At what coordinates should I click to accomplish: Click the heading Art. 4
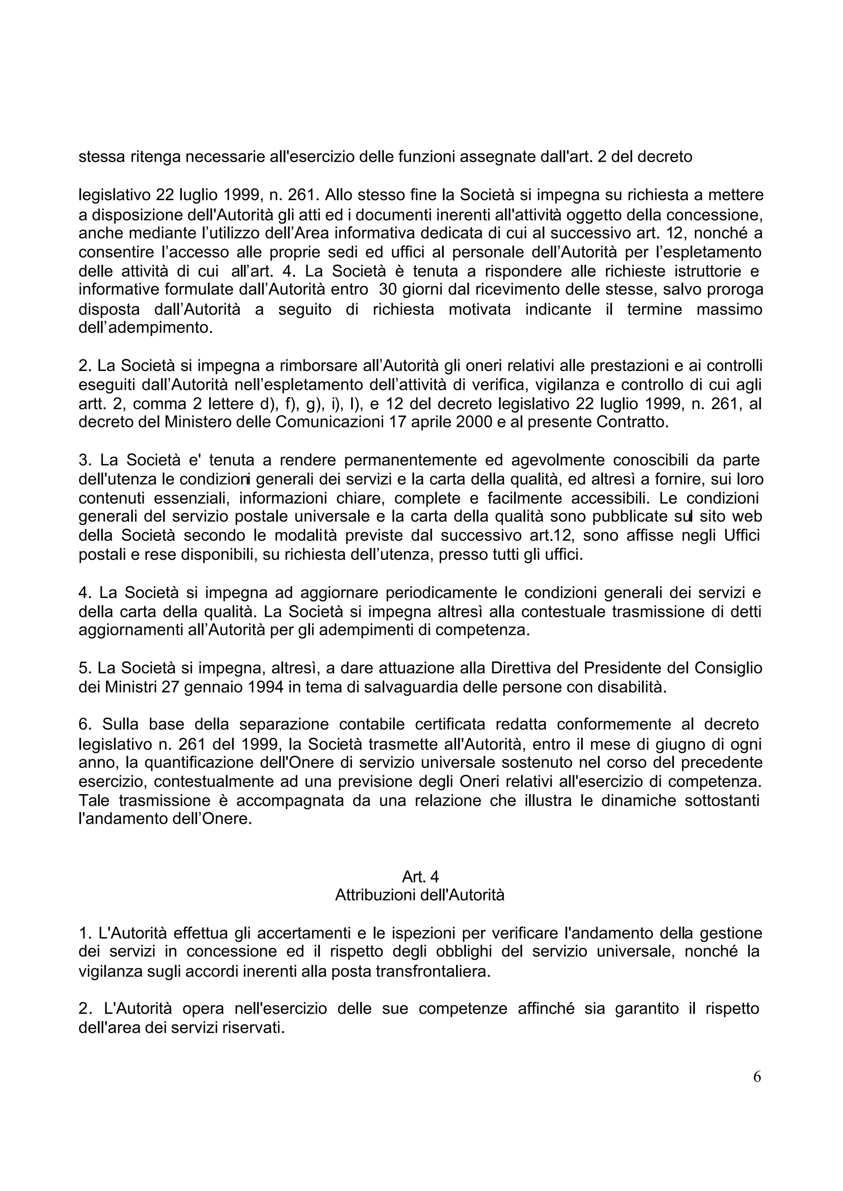pos(420,877)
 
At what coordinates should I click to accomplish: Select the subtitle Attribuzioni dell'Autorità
pos(419,895)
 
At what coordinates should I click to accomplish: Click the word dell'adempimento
pos(145,328)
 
